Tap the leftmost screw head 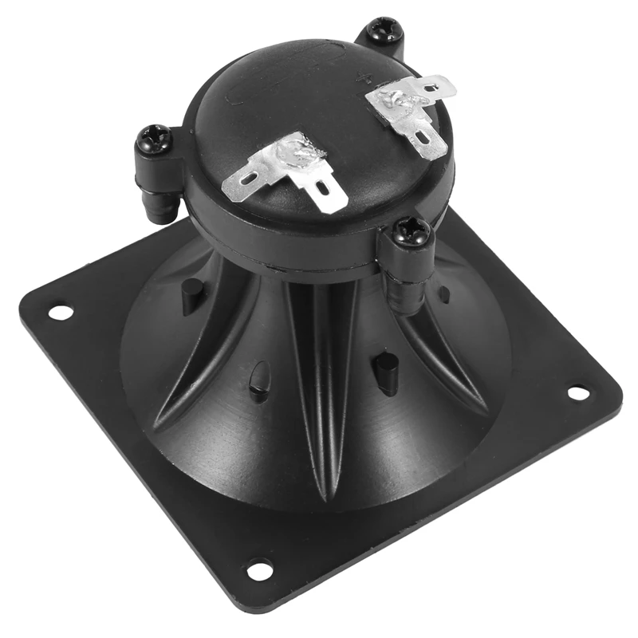pos(153,140)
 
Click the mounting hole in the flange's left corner pos(61,312)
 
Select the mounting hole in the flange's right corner pos(577,393)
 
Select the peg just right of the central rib pos(384,371)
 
